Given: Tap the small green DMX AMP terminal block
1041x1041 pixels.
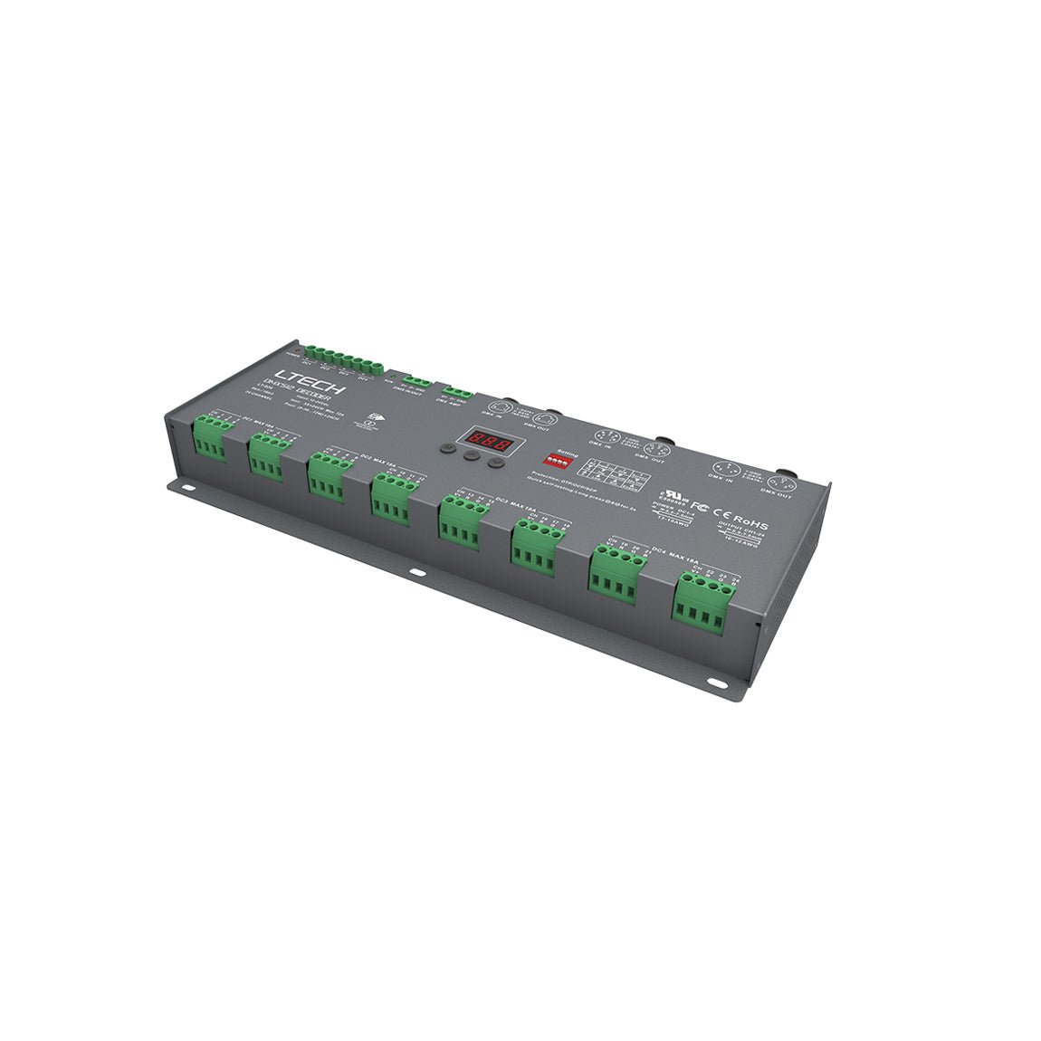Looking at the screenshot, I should [457, 393].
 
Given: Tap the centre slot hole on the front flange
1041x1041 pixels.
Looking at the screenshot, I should [415, 572].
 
